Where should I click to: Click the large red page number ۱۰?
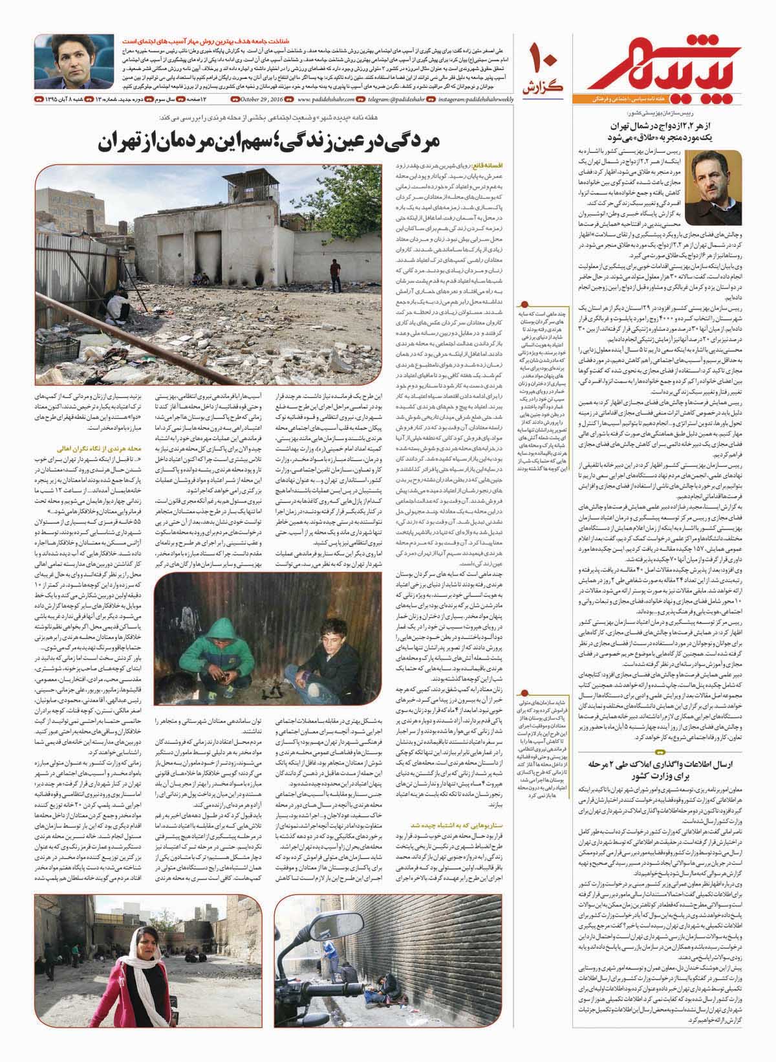(x=543, y=56)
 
